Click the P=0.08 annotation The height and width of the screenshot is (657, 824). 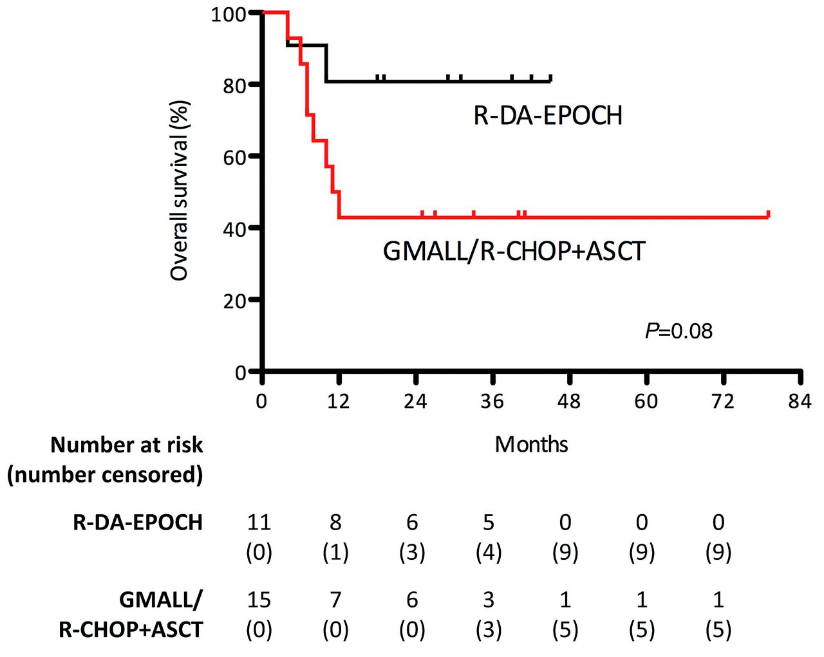(x=679, y=331)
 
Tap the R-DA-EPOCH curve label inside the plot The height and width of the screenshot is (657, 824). (x=548, y=116)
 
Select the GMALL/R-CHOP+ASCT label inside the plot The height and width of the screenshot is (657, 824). (x=514, y=251)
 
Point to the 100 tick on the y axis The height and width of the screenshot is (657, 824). (x=229, y=14)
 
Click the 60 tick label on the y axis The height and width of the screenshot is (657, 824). (x=234, y=156)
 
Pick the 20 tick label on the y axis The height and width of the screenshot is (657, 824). (x=234, y=300)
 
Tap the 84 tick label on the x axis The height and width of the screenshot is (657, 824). (x=800, y=402)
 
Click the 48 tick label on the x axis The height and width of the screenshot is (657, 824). (x=569, y=402)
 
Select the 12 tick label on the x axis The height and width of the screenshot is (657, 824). (x=338, y=402)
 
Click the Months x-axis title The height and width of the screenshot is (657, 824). (x=531, y=445)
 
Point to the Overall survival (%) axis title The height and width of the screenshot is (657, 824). (x=180, y=191)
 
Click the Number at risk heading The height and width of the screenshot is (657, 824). (x=126, y=445)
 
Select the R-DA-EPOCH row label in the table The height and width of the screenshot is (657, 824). (x=138, y=522)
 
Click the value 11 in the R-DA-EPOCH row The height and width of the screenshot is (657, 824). (x=259, y=522)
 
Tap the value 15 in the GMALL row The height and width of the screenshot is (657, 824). (x=259, y=600)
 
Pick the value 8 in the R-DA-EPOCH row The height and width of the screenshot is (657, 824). (x=335, y=522)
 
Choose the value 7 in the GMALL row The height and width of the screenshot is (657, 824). (x=335, y=600)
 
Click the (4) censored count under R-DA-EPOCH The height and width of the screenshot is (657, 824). (x=489, y=552)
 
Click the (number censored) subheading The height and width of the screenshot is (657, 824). (x=105, y=475)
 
